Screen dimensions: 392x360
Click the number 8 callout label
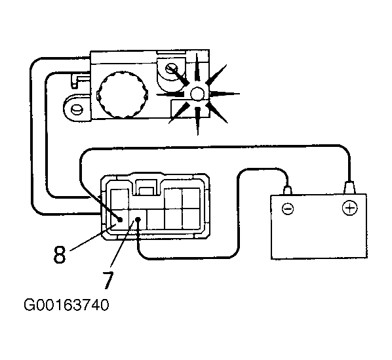tap(60, 254)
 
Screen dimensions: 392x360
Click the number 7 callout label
tap(108, 280)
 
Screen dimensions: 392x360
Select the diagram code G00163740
tap(66, 305)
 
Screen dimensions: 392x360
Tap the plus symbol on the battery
tap(349, 208)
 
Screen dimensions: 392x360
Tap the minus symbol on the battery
tap(288, 209)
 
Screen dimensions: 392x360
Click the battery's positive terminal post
tap(349, 188)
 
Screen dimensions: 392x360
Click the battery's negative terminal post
tap(288, 190)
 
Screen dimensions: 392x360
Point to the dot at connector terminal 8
tap(120, 220)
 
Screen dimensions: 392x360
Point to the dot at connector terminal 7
tap(138, 219)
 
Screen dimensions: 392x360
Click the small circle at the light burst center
tap(197, 94)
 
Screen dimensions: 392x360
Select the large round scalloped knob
tap(122, 94)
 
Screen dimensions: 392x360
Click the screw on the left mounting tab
tap(76, 109)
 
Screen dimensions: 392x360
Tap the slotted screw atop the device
tap(172, 68)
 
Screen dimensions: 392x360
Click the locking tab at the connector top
tap(146, 187)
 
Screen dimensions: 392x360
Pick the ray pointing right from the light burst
tap(224, 94)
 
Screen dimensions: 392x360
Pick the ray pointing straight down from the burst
tap(198, 121)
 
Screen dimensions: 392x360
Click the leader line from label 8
tap(94, 237)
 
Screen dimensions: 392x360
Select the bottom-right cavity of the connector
tap(191, 219)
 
